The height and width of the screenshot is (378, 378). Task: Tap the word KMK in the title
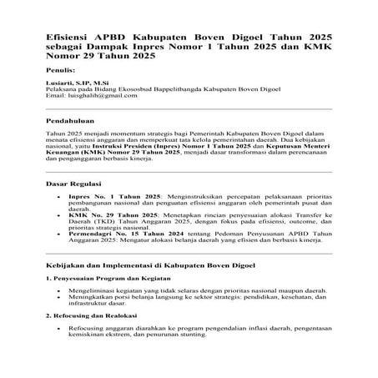317,50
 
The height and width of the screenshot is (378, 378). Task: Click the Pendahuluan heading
73,120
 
